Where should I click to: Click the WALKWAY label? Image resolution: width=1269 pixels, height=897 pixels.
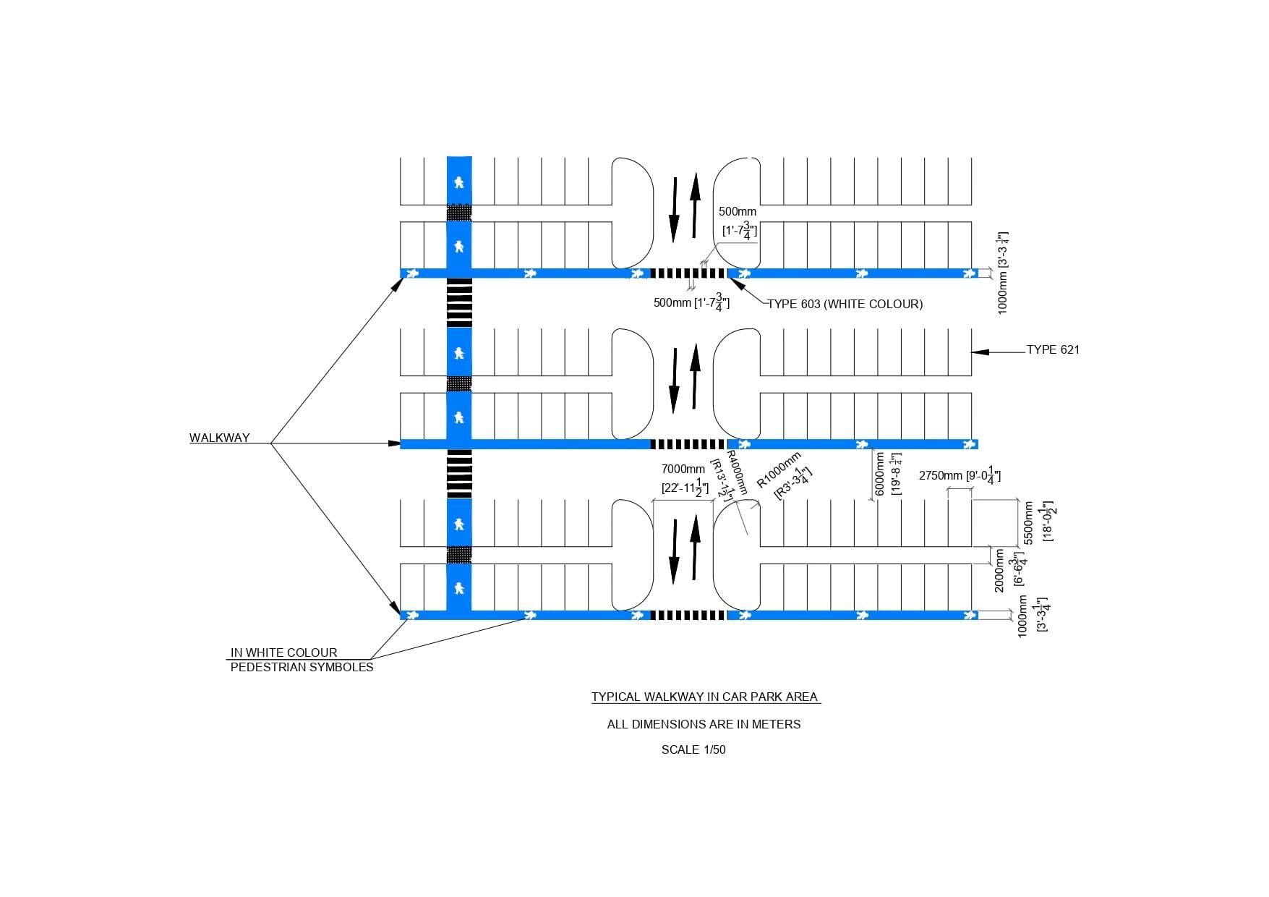click(219, 438)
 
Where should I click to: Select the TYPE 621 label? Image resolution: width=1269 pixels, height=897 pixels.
click(1053, 350)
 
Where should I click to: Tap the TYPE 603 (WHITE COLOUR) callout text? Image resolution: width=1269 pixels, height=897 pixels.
click(845, 305)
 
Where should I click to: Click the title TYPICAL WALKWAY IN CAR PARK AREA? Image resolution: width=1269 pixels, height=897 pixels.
click(705, 697)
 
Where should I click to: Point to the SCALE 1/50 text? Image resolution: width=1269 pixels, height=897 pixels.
click(693, 750)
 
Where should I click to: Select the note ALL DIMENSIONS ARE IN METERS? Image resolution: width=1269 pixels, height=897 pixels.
click(704, 724)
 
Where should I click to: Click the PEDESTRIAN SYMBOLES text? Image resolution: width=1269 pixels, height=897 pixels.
click(302, 668)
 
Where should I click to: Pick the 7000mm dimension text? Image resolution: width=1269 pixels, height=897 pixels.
click(683, 469)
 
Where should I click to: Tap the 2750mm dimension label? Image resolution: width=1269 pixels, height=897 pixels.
click(941, 476)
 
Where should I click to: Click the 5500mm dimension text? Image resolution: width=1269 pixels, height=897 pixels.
click(1030, 522)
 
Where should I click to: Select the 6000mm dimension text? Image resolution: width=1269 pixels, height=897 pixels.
click(880, 475)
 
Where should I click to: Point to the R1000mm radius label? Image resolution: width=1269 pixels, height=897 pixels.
click(778, 470)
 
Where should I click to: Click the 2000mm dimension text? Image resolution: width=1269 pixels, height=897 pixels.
click(999, 571)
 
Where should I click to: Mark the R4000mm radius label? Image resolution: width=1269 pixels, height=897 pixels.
click(736, 472)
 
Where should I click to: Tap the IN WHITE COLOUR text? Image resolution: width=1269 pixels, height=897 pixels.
click(283, 652)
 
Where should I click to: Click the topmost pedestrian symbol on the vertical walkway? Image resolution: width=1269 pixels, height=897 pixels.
click(458, 182)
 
